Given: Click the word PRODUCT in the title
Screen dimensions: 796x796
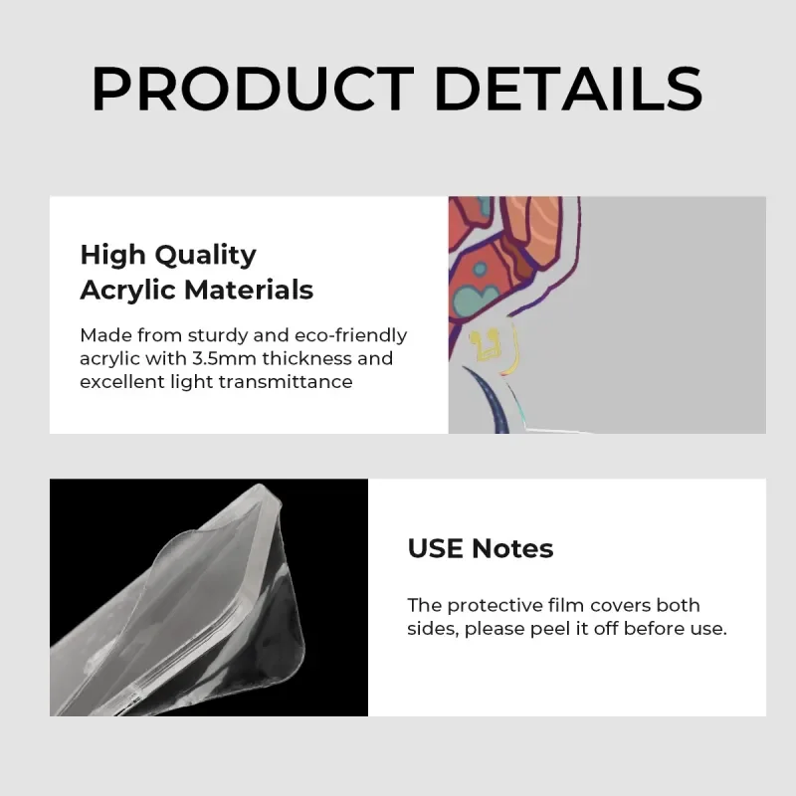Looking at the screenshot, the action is click(253, 89).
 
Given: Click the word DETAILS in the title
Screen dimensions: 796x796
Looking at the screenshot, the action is click(568, 89).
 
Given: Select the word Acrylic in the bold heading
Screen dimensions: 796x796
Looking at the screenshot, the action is click(128, 292).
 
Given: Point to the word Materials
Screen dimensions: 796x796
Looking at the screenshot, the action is click(248, 290).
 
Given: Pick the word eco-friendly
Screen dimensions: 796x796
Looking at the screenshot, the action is click(351, 336).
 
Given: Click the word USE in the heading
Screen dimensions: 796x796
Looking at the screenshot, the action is click(436, 548).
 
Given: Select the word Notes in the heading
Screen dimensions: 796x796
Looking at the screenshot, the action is click(512, 548).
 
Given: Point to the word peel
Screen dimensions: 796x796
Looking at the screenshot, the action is click(551, 630).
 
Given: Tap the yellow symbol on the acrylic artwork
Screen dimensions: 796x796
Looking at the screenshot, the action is click(483, 345).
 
